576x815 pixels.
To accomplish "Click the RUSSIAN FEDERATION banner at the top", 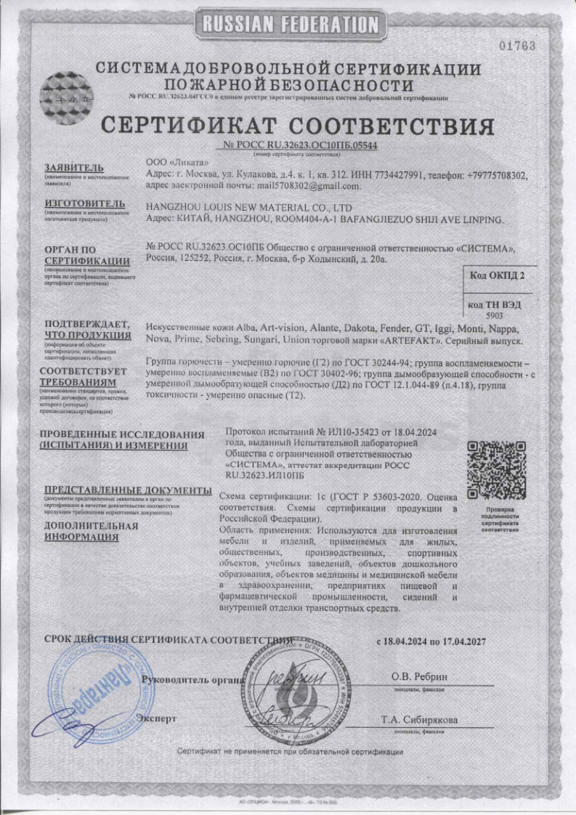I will click(288, 24).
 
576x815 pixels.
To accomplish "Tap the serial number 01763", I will click(518, 46).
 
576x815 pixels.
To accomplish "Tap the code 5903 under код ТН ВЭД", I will click(494, 316).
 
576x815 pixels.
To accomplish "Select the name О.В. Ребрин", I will click(420, 677).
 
